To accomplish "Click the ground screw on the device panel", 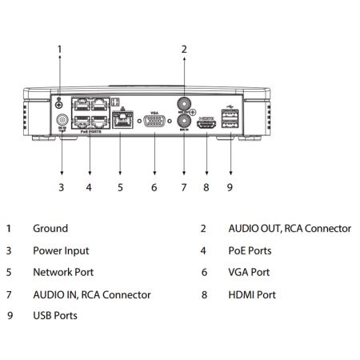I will (x=59, y=102).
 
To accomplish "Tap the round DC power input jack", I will (x=61, y=122).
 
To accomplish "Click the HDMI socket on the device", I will (x=207, y=125).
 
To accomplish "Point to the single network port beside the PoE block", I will (x=121, y=122).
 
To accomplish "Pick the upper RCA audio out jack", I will (x=183, y=104).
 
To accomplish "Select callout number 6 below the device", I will (x=154, y=188).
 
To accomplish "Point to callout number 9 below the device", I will (x=231, y=188).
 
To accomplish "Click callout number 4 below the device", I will (x=89, y=188).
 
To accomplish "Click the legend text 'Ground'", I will (x=50, y=229).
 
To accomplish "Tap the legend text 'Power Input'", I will (x=60, y=250).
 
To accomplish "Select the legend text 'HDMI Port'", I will (x=252, y=294).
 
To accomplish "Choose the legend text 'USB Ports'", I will (x=54, y=316).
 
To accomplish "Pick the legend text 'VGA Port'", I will (x=249, y=273).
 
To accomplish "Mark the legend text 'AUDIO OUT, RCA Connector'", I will (x=289, y=229).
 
